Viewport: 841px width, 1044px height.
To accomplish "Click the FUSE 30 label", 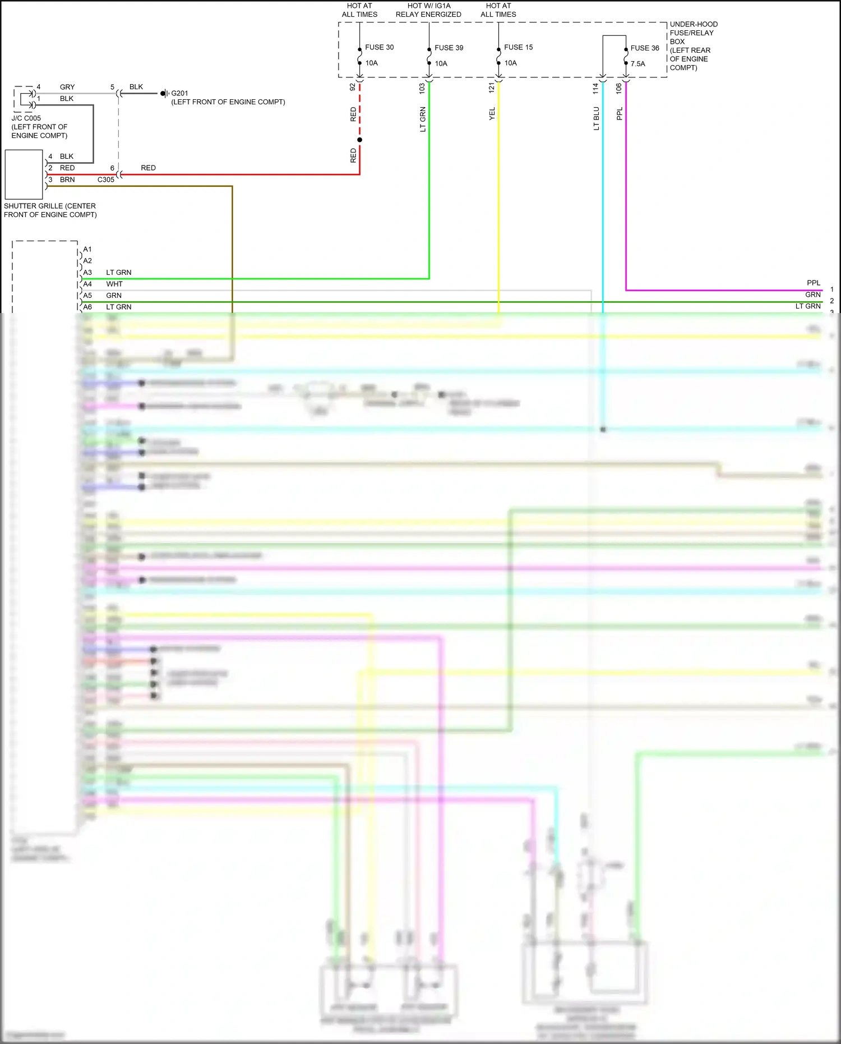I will (379, 47).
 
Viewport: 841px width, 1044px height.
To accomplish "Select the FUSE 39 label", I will (449, 48).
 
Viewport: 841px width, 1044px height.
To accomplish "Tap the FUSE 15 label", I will (518, 47).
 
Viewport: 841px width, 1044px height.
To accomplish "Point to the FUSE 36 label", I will (645, 48).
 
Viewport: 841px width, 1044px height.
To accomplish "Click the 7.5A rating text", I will (637, 63).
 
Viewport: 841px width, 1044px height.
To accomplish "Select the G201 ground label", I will (179, 93).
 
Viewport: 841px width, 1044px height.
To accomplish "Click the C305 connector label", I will (105, 180).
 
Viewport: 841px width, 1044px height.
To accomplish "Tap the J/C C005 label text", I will (26, 118).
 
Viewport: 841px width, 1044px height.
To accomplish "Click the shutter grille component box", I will (24, 174).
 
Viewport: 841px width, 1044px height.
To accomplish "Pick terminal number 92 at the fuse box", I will (353, 88).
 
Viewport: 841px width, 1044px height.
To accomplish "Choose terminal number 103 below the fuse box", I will (422, 88).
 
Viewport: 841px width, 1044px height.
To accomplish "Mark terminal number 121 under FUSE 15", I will (492, 88).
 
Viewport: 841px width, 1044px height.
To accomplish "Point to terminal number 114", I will (595, 88).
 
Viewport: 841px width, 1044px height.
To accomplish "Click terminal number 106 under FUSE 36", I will (619, 88).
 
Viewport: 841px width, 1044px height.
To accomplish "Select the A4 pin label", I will (87, 284).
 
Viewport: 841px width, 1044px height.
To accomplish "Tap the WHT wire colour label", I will (114, 284).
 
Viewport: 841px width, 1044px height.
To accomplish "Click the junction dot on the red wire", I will (359, 140).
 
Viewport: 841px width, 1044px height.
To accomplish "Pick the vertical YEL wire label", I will (492, 114).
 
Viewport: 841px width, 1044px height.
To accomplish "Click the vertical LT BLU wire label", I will (597, 118).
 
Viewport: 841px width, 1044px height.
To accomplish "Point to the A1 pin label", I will (87, 249).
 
